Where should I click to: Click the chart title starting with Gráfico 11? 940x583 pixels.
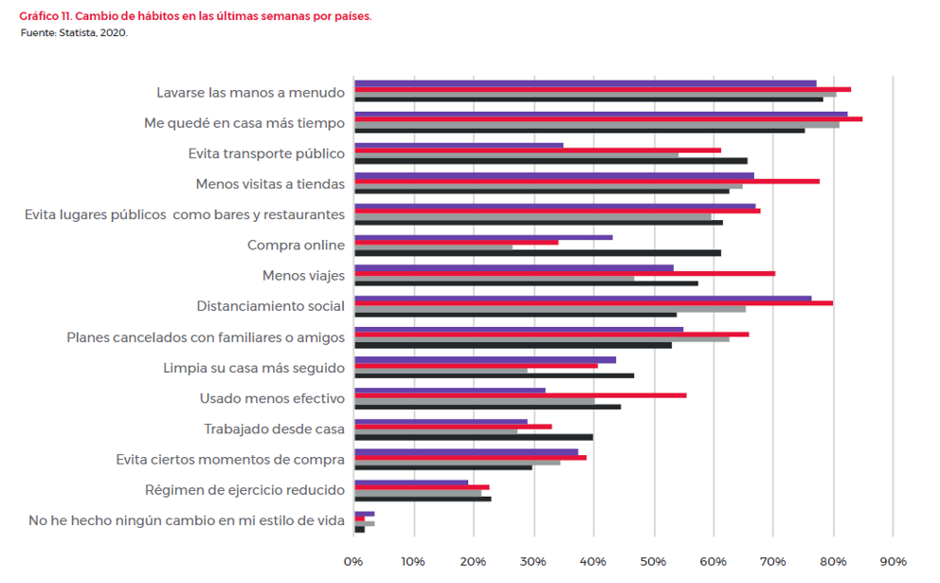[x=195, y=17]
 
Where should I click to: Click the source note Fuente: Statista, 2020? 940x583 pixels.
[x=74, y=32]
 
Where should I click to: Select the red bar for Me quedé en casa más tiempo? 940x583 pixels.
[x=607, y=119]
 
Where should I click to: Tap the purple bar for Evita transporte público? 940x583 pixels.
[x=459, y=145]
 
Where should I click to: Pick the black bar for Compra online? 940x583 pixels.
[x=537, y=253]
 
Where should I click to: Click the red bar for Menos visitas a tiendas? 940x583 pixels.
[x=587, y=181]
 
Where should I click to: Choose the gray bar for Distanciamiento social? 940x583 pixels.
[x=550, y=309]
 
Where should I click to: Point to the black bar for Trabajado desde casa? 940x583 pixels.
[x=474, y=437]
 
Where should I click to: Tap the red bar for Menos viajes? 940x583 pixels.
[x=564, y=273]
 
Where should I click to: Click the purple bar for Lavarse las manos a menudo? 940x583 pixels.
[x=585, y=83]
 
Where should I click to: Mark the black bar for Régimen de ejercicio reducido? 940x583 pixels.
[x=423, y=499]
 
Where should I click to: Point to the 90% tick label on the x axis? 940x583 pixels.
[x=894, y=561]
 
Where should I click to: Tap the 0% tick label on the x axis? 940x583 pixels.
[x=353, y=561]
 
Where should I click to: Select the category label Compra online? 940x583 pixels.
[x=296, y=246]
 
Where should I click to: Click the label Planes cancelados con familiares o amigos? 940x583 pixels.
[x=206, y=337]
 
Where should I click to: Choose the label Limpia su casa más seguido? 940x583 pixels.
[x=253, y=368]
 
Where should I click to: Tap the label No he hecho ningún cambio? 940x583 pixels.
[x=187, y=520]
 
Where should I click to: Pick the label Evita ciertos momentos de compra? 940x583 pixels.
[x=230, y=460]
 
